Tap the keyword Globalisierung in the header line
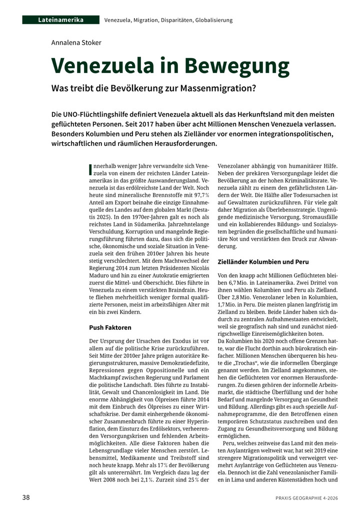(x=212, y=20)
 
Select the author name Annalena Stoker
(x=76, y=43)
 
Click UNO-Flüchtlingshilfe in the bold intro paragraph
(x=96, y=115)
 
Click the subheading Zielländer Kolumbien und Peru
(x=263, y=262)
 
